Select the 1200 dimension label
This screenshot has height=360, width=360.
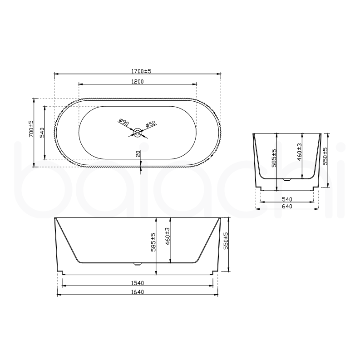pyautogui.click(x=138, y=82)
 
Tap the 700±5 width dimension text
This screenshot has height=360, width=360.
pyautogui.click(x=31, y=129)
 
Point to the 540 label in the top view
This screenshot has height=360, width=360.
pyautogui.click(x=42, y=133)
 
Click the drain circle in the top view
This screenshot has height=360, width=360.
pyautogui.click(x=138, y=133)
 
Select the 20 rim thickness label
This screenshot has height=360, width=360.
pyautogui.click(x=138, y=155)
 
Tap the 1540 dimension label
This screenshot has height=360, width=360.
pyautogui.click(x=138, y=283)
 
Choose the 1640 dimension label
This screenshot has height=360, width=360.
pyautogui.click(x=138, y=292)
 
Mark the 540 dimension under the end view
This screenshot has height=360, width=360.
pyautogui.click(x=286, y=198)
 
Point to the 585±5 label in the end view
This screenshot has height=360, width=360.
pyautogui.click(x=274, y=158)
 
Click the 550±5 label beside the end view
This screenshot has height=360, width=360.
pyautogui.click(x=325, y=156)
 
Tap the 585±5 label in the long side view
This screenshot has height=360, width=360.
pyautogui.click(x=153, y=242)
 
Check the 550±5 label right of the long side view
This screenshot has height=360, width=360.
pyautogui.click(x=226, y=240)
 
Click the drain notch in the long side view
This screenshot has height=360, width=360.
pyautogui.click(x=138, y=263)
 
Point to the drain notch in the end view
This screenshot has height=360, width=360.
pyautogui.click(x=286, y=179)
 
